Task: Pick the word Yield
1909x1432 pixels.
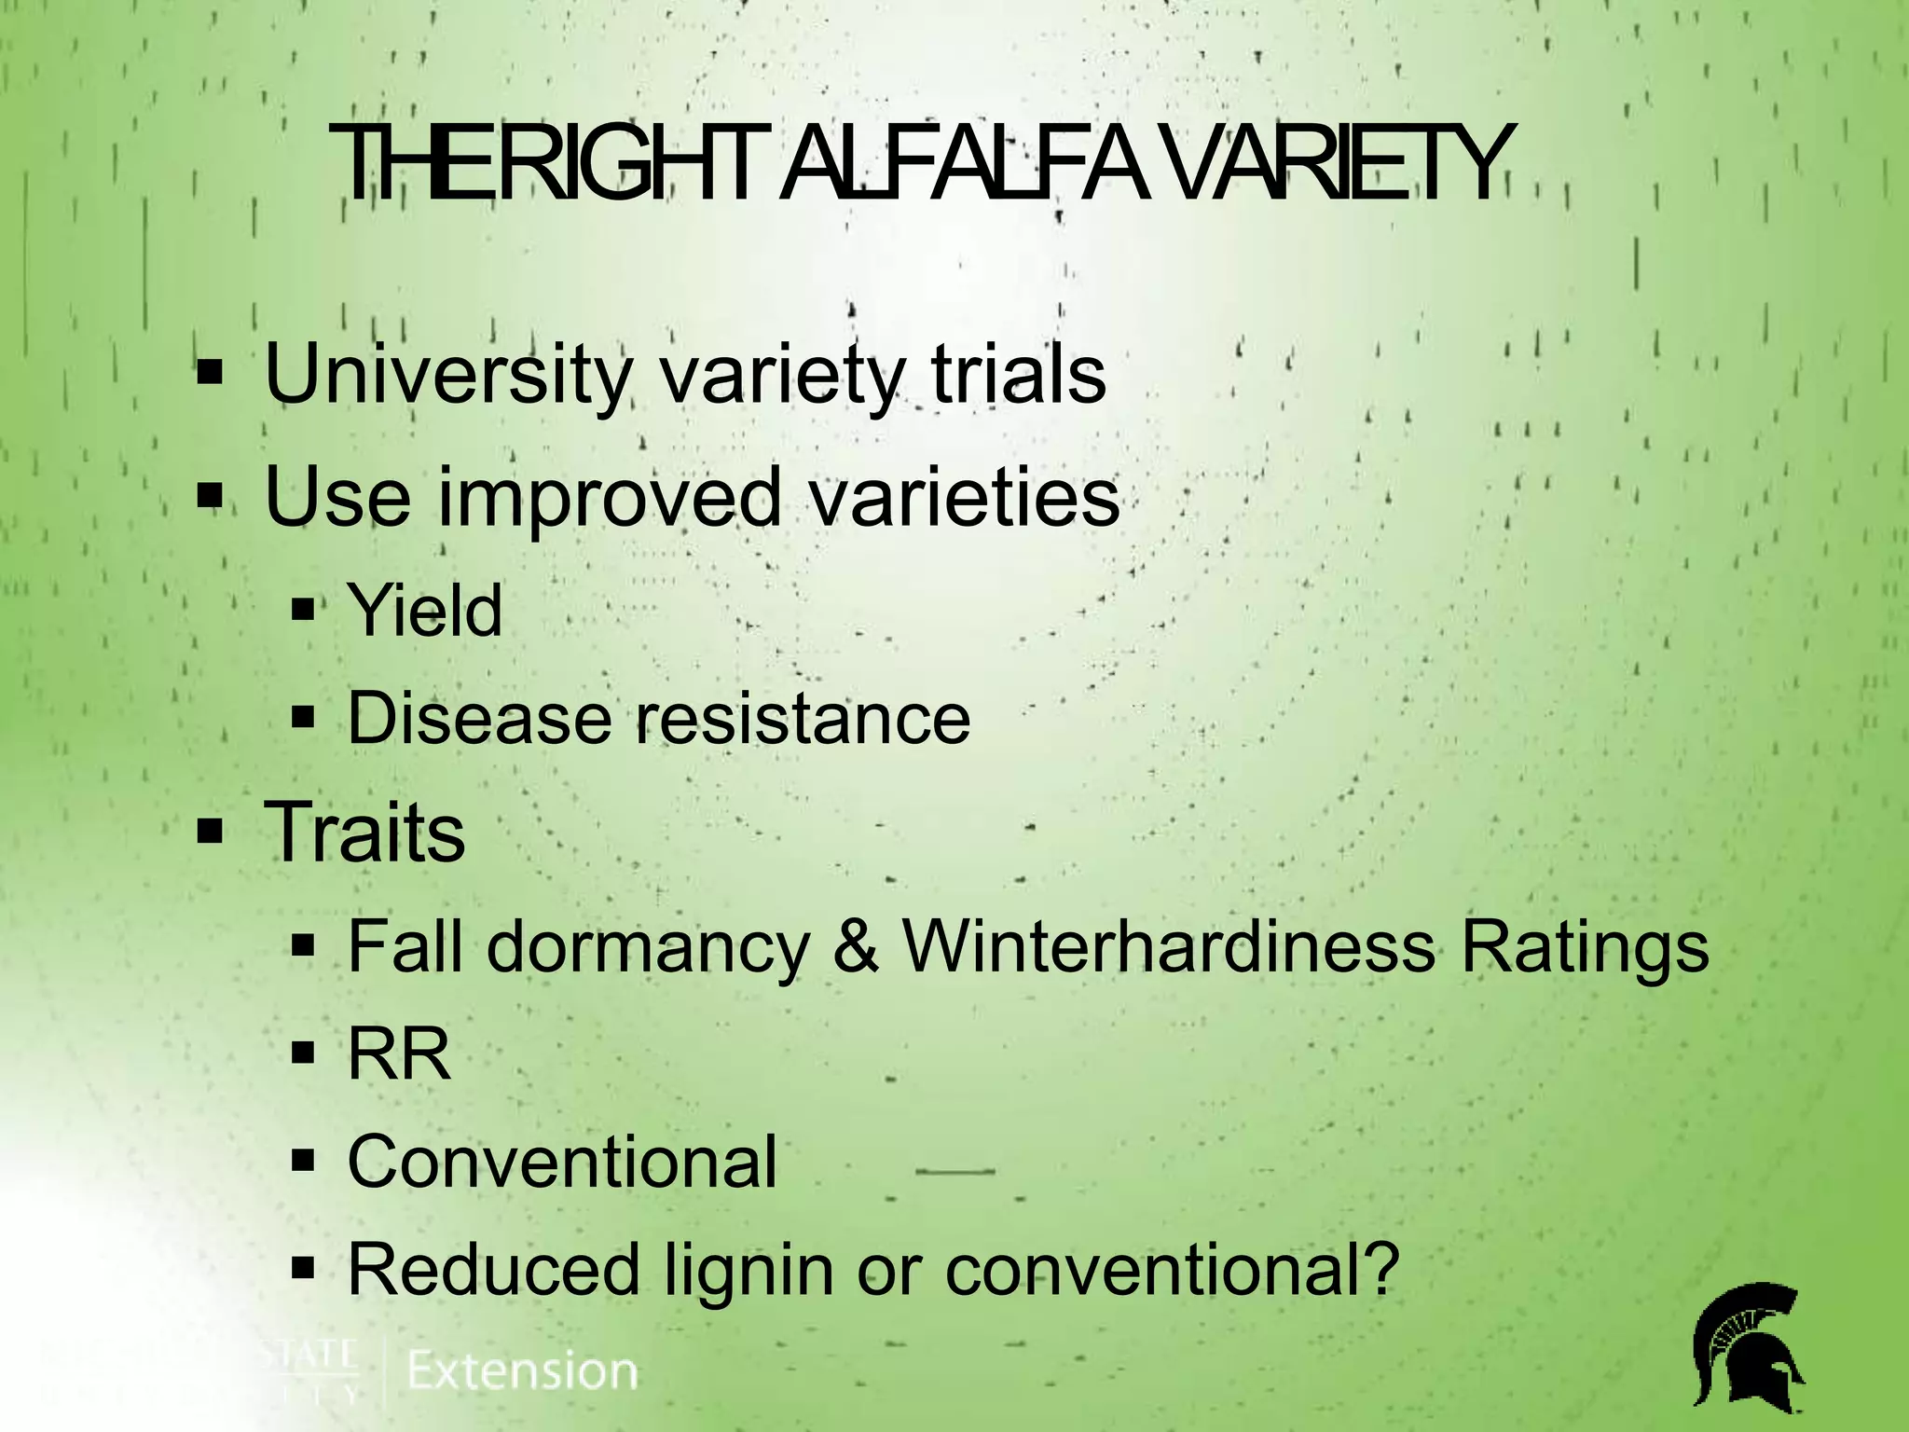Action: click(425, 611)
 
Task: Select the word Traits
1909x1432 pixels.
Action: click(365, 832)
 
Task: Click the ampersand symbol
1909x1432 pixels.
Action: click(856, 946)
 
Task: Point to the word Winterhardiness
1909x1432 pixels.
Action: click(1169, 946)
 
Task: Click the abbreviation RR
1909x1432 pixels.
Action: click(399, 1054)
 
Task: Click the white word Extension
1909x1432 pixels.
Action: click(523, 1371)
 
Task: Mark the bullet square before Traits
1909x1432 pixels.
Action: click(211, 830)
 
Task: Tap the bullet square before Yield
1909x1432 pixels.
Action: click(304, 612)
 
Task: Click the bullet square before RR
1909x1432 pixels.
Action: click(304, 1053)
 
